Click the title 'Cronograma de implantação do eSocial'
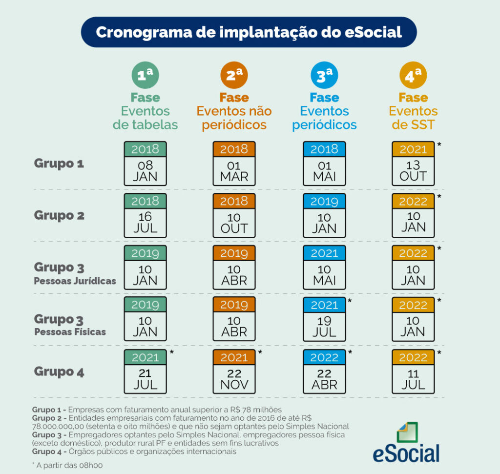pyautogui.click(x=249, y=32)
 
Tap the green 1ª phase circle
pyautogui.click(x=145, y=76)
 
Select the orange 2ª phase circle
pyautogui.click(x=234, y=76)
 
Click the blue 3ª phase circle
pyautogui.click(x=324, y=76)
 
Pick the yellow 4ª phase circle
pyautogui.click(x=413, y=76)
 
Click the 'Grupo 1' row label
pyautogui.click(x=59, y=164)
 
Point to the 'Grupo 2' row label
pyautogui.click(x=59, y=215)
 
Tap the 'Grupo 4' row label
pyautogui.click(x=59, y=371)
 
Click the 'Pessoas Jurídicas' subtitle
pyautogui.click(x=75, y=281)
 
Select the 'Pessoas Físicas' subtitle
pyautogui.click(x=70, y=332)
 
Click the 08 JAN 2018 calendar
pyautogui.click(x=145, y=164)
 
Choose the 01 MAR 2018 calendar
pyautogui.click(x=234, y=164)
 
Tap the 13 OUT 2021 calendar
pyautogui.click(x=413, y=164)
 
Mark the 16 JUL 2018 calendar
pyautogui.click(x=145, y=215)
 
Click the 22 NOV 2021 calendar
pyautogui.click(x=234, y=371)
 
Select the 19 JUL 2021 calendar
pyautogui.click(x=324, y=319)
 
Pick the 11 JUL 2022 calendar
pyautogui.click(x=413, y=371)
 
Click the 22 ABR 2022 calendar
pyautogui.click(x=324, y=371)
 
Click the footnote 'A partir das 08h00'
pyautogui.click(x=68, y=465)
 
